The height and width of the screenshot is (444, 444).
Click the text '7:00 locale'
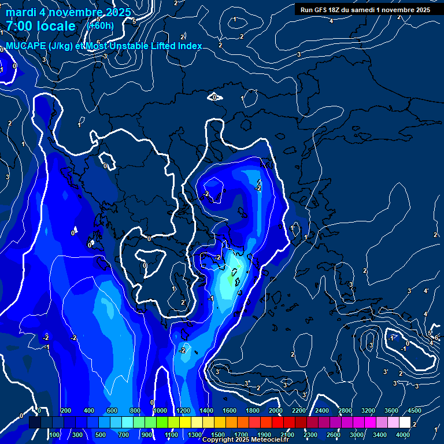click(x=40, y=26)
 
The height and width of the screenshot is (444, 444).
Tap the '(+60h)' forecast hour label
click(x=100, y=25)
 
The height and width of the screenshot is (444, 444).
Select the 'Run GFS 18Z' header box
click(x=365, y=9)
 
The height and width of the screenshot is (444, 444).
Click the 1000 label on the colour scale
click(x=160, y=410)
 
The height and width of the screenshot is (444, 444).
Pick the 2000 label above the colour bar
click(x=276, y=410)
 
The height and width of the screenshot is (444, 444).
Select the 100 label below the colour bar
click(x=55, y=435)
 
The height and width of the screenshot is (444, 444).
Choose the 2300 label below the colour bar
click(x=310, y=435)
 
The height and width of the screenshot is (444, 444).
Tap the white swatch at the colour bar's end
click(x=405, y=423)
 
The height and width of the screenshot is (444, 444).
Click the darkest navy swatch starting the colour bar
click(x=35, y=423)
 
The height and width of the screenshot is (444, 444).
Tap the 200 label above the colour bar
click(x=66, y=410)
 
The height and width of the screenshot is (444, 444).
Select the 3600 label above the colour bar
click(x=375, y=410)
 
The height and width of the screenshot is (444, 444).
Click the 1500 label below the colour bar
click(x=218, y=435)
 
